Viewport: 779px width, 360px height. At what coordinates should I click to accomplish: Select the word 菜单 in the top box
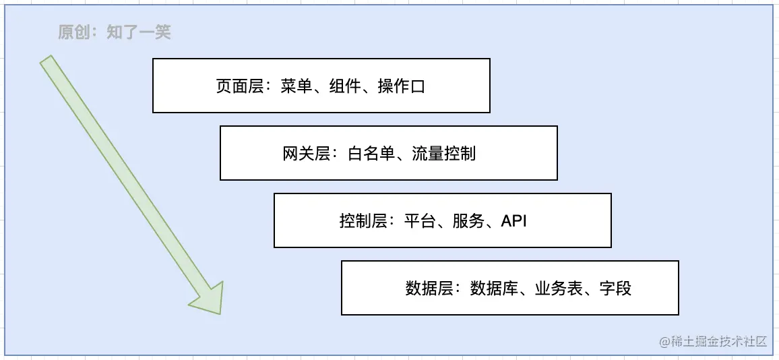coord(297,86)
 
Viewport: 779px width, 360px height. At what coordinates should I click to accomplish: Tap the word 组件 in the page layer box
coord(346,86)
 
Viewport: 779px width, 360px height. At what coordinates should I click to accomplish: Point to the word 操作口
coord(402,86)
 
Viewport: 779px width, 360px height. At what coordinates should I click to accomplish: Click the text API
coord(513,221)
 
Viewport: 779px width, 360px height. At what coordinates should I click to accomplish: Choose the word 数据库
coord(494,289)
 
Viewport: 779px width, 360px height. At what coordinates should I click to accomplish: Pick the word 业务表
coord(559,289)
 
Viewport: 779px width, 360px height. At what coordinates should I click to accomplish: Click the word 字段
coord(615,289)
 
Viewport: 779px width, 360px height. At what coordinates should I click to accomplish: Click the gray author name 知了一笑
coord(139,32)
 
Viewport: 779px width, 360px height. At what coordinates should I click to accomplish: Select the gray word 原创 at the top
coord(73,32)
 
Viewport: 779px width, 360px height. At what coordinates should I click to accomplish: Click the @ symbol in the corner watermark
coord(664,342)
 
